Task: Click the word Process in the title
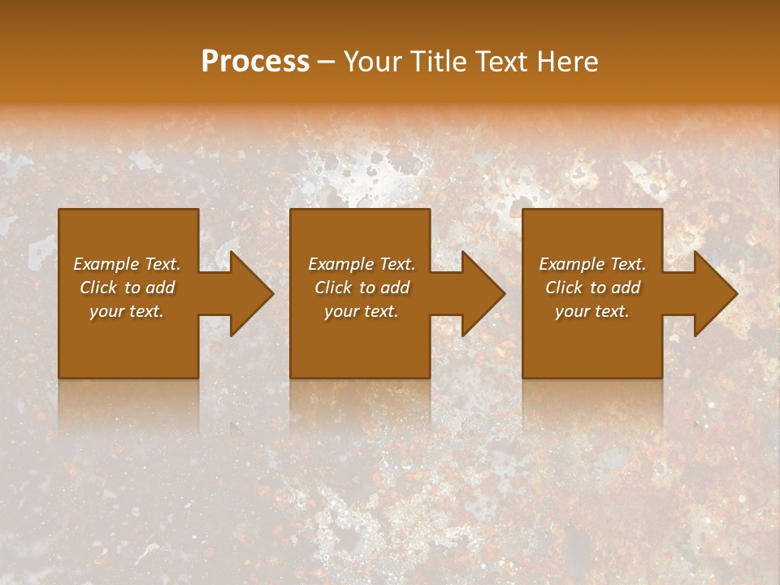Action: coord(255,62)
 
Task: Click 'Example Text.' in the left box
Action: coord(127,264)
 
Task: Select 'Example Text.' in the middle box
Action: coord(362,264)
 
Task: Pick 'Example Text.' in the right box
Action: coord(592,264)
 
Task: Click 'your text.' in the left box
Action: coord(127,311)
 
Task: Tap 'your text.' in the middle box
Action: coord(362,311)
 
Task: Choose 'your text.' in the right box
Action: coord(592,311)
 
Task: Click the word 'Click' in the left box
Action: coord(98,288)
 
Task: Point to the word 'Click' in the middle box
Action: coord(333,288)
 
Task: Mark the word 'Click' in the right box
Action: coord(564,288)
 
